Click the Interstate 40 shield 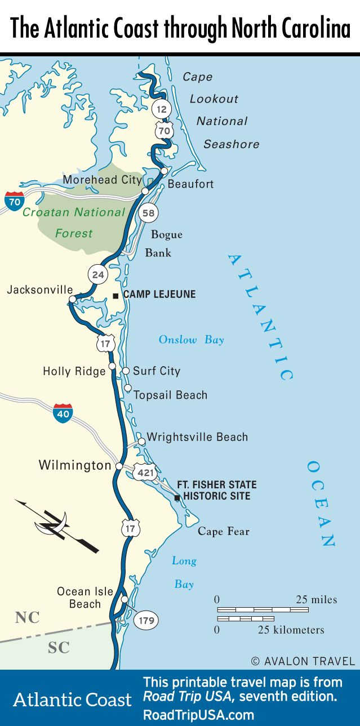63,413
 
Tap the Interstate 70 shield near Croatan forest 14,201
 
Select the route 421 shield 145,472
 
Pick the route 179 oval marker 145,620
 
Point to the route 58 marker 149,212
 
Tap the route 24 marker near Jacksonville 98,275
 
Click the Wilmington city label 75,465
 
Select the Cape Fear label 223,531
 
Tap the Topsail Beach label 170,395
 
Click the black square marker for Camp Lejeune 115,295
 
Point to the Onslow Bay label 191,340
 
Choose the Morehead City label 103,180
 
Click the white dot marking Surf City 126,371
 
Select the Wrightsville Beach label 197,437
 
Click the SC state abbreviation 59,648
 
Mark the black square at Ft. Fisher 177,498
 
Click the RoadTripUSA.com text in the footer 198,714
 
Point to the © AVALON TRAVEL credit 303,661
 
